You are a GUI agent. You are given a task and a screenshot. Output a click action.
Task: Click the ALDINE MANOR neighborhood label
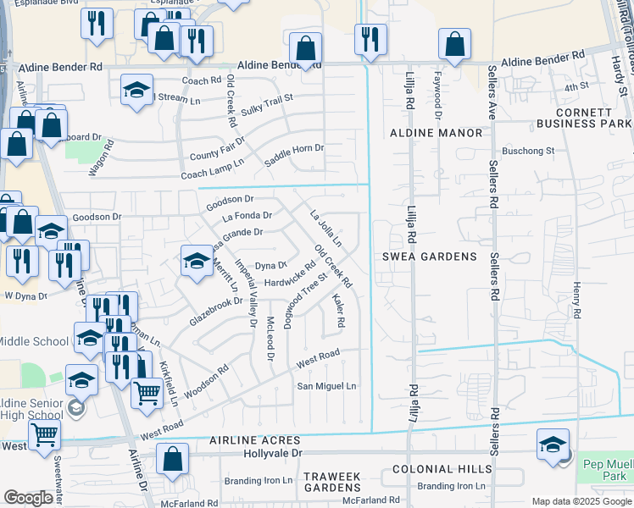tap(437, 133)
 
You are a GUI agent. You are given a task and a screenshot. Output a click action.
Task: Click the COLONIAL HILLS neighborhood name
tap(442, 468)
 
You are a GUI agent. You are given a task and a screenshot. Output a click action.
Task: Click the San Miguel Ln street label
tap(326, 386)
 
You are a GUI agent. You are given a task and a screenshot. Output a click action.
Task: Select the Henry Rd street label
tap(576, 301)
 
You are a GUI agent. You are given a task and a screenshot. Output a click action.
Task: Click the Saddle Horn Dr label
tap(295, 149)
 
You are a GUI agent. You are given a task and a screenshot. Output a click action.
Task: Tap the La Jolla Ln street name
tap(325, 229)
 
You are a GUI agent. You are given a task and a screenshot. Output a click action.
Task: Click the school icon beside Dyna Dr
tap(197, 260)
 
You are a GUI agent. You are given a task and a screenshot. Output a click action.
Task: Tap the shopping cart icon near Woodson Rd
tap(147, 393)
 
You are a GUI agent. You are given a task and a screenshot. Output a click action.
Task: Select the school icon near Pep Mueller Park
tap(553, 444)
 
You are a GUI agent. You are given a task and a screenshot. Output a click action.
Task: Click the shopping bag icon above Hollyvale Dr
tap(172, 459)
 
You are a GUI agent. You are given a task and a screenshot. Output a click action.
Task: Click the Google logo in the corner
tap(28, 498)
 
